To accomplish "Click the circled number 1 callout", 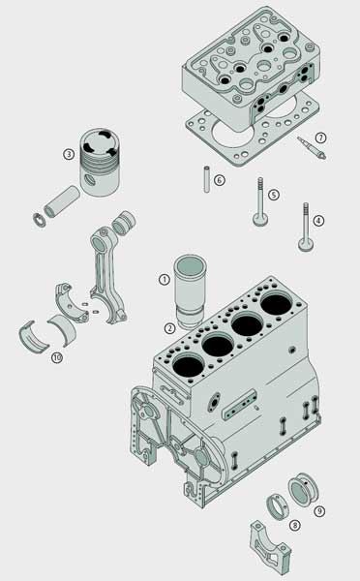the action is pyautogui.click(x=165, y=279).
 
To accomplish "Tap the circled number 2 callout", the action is pyautogui.click(x=169, y=328).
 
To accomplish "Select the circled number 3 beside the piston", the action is pyautogui.click(x=69, y=154).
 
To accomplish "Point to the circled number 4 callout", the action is pyautogui.click(x=318, y=221).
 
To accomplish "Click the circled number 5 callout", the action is pyautogui.click(x=273, y=195).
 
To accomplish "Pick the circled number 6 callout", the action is pyautogui.click(x=220, y=180).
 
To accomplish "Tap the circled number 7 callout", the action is pyautogui.click(x=320, y=138).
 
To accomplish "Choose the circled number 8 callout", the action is pyautogui.click(x=295, y=525).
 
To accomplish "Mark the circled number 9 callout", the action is pyautogui.click(x=319, y=511).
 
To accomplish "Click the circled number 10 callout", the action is pyautogui.click(x=57, y=357).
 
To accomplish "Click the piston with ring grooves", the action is pyautogui.click(x=100, y=162).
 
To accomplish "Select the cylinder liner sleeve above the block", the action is pyautogui.click(x=190, y=291).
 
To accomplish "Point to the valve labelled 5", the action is pyautogui.click(x=260, y=201).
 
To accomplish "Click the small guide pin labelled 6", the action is pyautogui.click(x=207, y=179).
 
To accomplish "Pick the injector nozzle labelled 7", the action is pyautogui.click(x=312, y=148).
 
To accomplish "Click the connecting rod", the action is pyautogui.click(x=107, y=274).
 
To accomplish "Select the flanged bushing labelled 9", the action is pyautogui.click(x=303, y=489).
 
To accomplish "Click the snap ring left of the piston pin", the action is pyautogui.click(x=39, y=220).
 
